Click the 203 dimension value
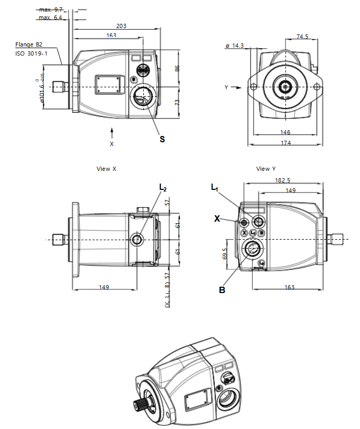point(121,25)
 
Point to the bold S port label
point(162,139)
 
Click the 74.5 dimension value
point(302,36)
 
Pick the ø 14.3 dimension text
point(234,46)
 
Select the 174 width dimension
point(285,143)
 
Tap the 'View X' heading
point(106,169)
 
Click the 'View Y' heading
point(266,169)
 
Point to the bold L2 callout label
point(163,188)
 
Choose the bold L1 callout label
point(215,188)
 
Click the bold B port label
point(223,289)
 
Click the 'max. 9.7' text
point(50,10)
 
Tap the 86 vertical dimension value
point(178,68)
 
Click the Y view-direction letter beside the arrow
point(226,87)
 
